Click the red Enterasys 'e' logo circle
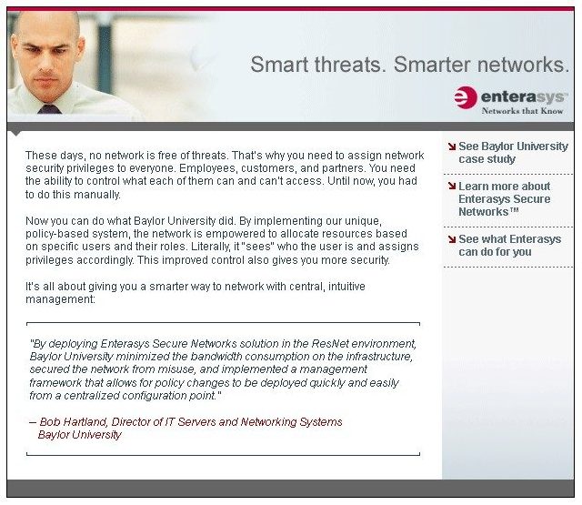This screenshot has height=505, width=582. pyautogui.click(x=466, y=97)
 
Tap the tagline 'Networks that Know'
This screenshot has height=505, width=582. pyautogui.click(x=522, y=111)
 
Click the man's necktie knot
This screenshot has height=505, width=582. pyautogui.click(x=48, y=109)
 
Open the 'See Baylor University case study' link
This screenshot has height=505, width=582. pyautogui.click(x=513, y=153)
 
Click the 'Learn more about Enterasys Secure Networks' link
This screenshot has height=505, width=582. pyautogui.click(x=505, y=199)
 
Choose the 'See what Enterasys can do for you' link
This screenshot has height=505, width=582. pyautogui.click(x=509, y=246)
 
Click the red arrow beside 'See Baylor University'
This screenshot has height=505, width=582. pyautogui.click(x=452, y=146)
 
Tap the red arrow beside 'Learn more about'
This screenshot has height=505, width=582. pyautogui.click(x=452, y=186)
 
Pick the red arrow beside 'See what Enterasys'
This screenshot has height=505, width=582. pyautogui.click(x=452, y=239)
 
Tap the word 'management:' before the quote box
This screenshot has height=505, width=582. pyautogui.click(x=61, y=299)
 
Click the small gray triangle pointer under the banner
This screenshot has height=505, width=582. pyautogui.click(x=15, y=134)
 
